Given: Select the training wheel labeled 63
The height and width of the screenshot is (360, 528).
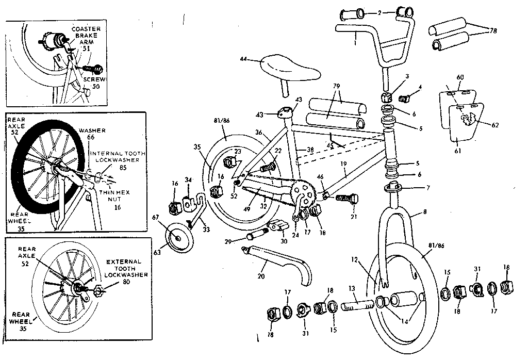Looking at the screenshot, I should pyautogui.click(x=178, y=238).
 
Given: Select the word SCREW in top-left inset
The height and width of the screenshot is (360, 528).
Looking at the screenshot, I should pyautogui.click(x=95, y=80).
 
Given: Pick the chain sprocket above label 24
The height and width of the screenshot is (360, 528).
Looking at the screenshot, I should pyautogui.click(x=302, y=192).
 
